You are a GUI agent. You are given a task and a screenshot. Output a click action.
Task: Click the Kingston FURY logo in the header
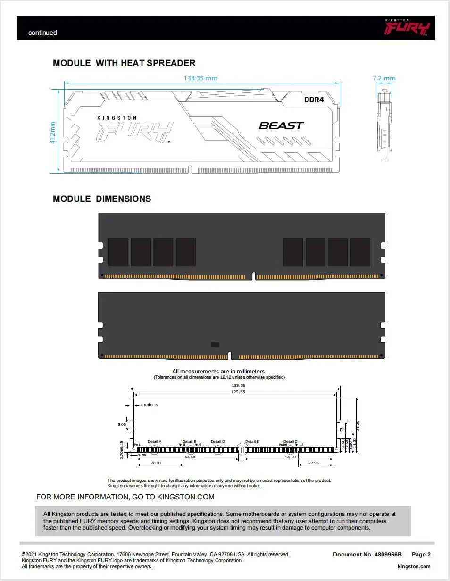pyautogui.click(x=407, y=28)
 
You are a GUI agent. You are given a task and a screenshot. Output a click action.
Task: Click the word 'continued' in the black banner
pyautogui.click(x=42, y=33)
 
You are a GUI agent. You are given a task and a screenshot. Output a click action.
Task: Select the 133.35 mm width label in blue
pyautogui.click(x=200, y=78)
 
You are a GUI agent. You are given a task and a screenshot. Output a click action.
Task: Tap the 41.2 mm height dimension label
pyautogui.click(x=53, y=133)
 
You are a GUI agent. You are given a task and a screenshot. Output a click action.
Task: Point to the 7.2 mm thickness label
pyautogui.click(x=384, y=78)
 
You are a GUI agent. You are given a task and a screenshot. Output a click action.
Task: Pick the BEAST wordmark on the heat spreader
pyautogui.click(x=282, y=125)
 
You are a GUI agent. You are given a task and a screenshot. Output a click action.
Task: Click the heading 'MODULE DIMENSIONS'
pyautogui.click(x=102, y=199)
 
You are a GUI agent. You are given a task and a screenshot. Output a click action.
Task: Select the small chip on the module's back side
pyautogui.click(x=215, y=345)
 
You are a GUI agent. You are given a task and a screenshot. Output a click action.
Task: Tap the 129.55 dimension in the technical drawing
pyautogui.click(x=238, y=392)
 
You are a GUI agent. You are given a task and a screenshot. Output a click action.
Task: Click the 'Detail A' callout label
pyautogui.click(x=155, y=442)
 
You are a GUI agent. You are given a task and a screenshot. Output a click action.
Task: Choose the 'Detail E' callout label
pyautogui.click(x=252, y=442)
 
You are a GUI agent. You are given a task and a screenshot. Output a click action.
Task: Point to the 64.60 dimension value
pyautogui.click(x=190, y=457)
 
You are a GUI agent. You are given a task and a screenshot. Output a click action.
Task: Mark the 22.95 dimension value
pyautogui.click(x=314, y=463)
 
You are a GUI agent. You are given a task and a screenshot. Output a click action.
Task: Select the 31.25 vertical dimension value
pyautogui.click(x=358, y=426)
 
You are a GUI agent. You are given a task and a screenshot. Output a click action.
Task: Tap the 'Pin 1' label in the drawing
pyautogui.click(x=137, y=445)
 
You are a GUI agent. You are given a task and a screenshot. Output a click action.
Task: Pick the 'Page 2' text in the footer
pyautogui.click(x=421, y=555)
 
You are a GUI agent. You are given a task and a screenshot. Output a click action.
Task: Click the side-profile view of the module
pyautogui.click(x=384, y=123)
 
